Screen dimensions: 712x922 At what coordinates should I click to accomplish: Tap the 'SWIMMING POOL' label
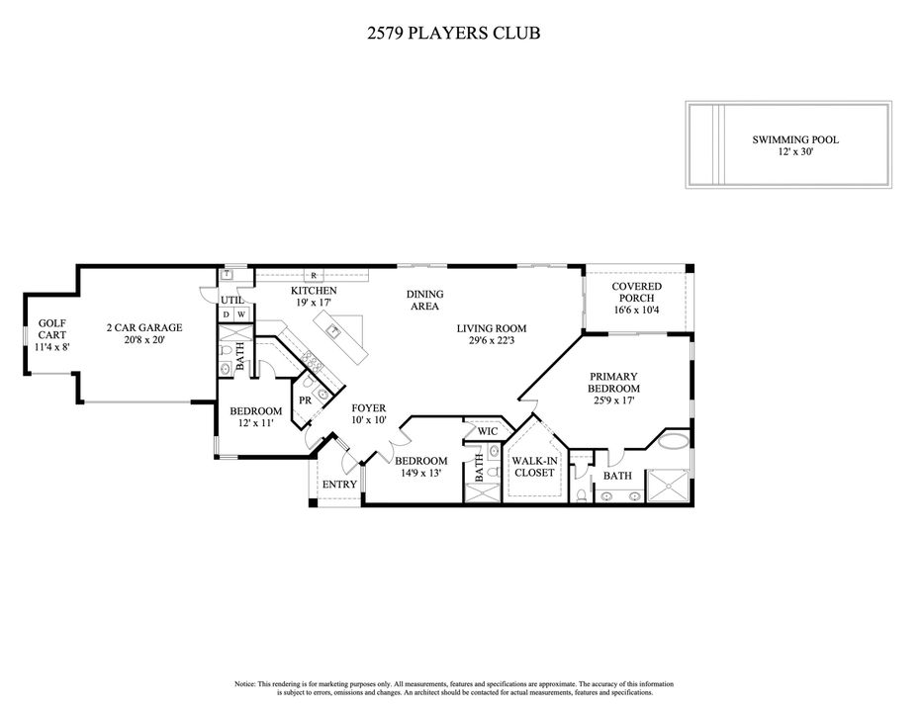[794, 139]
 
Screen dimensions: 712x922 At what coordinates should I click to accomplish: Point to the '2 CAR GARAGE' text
[144, 327]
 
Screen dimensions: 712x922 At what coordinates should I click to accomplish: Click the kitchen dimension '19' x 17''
[313, 303]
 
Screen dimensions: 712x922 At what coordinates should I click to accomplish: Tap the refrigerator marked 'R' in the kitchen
[313, 275]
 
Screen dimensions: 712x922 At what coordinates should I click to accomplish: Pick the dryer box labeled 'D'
[226, 314]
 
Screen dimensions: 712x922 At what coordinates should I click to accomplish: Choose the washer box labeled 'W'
[240, 314]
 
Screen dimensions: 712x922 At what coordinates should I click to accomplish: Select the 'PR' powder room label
[306, 400]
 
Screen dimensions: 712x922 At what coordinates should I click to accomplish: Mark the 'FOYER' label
[369, 408]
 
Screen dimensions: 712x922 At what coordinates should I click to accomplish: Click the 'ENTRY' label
[339, 485]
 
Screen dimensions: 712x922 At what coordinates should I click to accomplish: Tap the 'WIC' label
[487, 431]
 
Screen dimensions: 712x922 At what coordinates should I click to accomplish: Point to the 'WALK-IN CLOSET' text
[532, 466]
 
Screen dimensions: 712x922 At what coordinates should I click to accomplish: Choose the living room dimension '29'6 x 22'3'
[491, 341]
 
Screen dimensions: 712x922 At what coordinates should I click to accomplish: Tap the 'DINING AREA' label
[424, 300]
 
